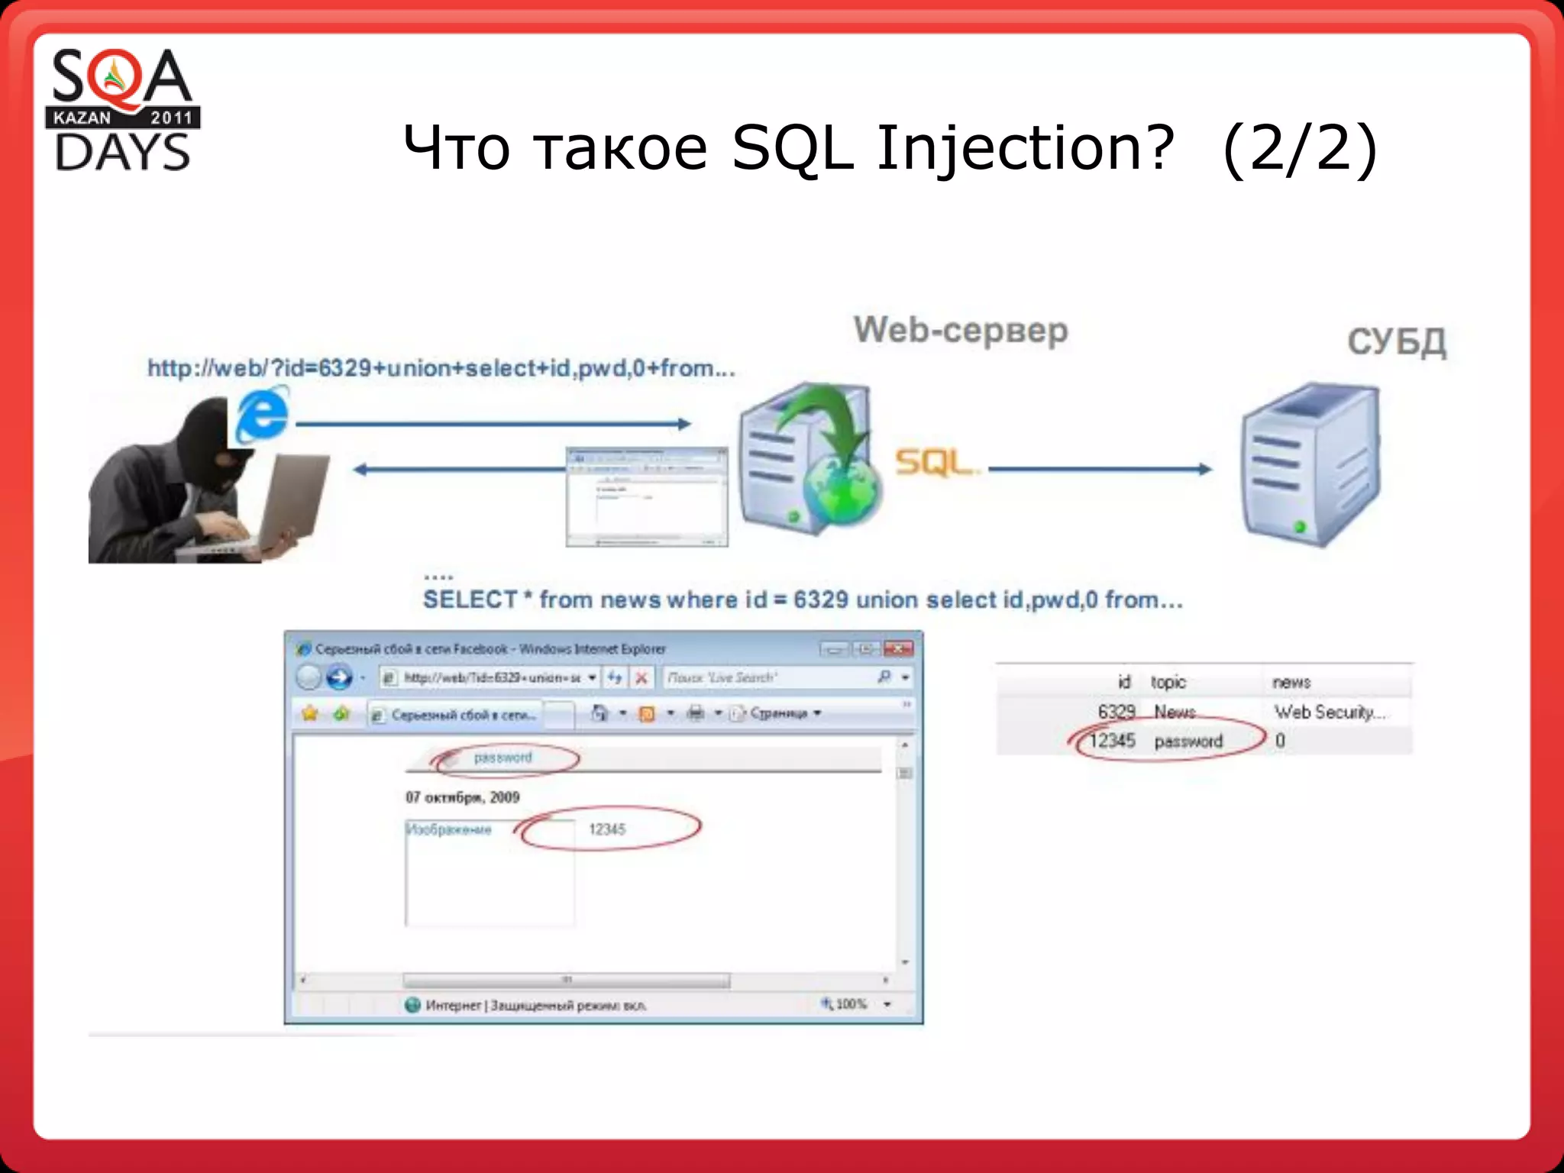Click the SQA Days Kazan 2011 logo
coord(122,109)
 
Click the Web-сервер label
coord(960,330)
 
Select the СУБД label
coord(1396,341)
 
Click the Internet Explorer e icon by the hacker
coord(262,415)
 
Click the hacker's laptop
coord(290,496)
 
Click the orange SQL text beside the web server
coord(933,462)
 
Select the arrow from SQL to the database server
coord(1100,469)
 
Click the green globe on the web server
coord(840,493)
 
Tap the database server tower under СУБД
coord(1310,466)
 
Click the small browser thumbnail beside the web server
coord(646,496)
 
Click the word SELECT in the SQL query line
coord(470,599)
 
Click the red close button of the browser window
coord(898,649)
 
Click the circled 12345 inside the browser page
coord(607,829)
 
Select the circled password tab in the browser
coord(502,758)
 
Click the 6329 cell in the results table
coord(1116,712)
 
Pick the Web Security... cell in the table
coord(1329,712)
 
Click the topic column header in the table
coord(1168,682)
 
